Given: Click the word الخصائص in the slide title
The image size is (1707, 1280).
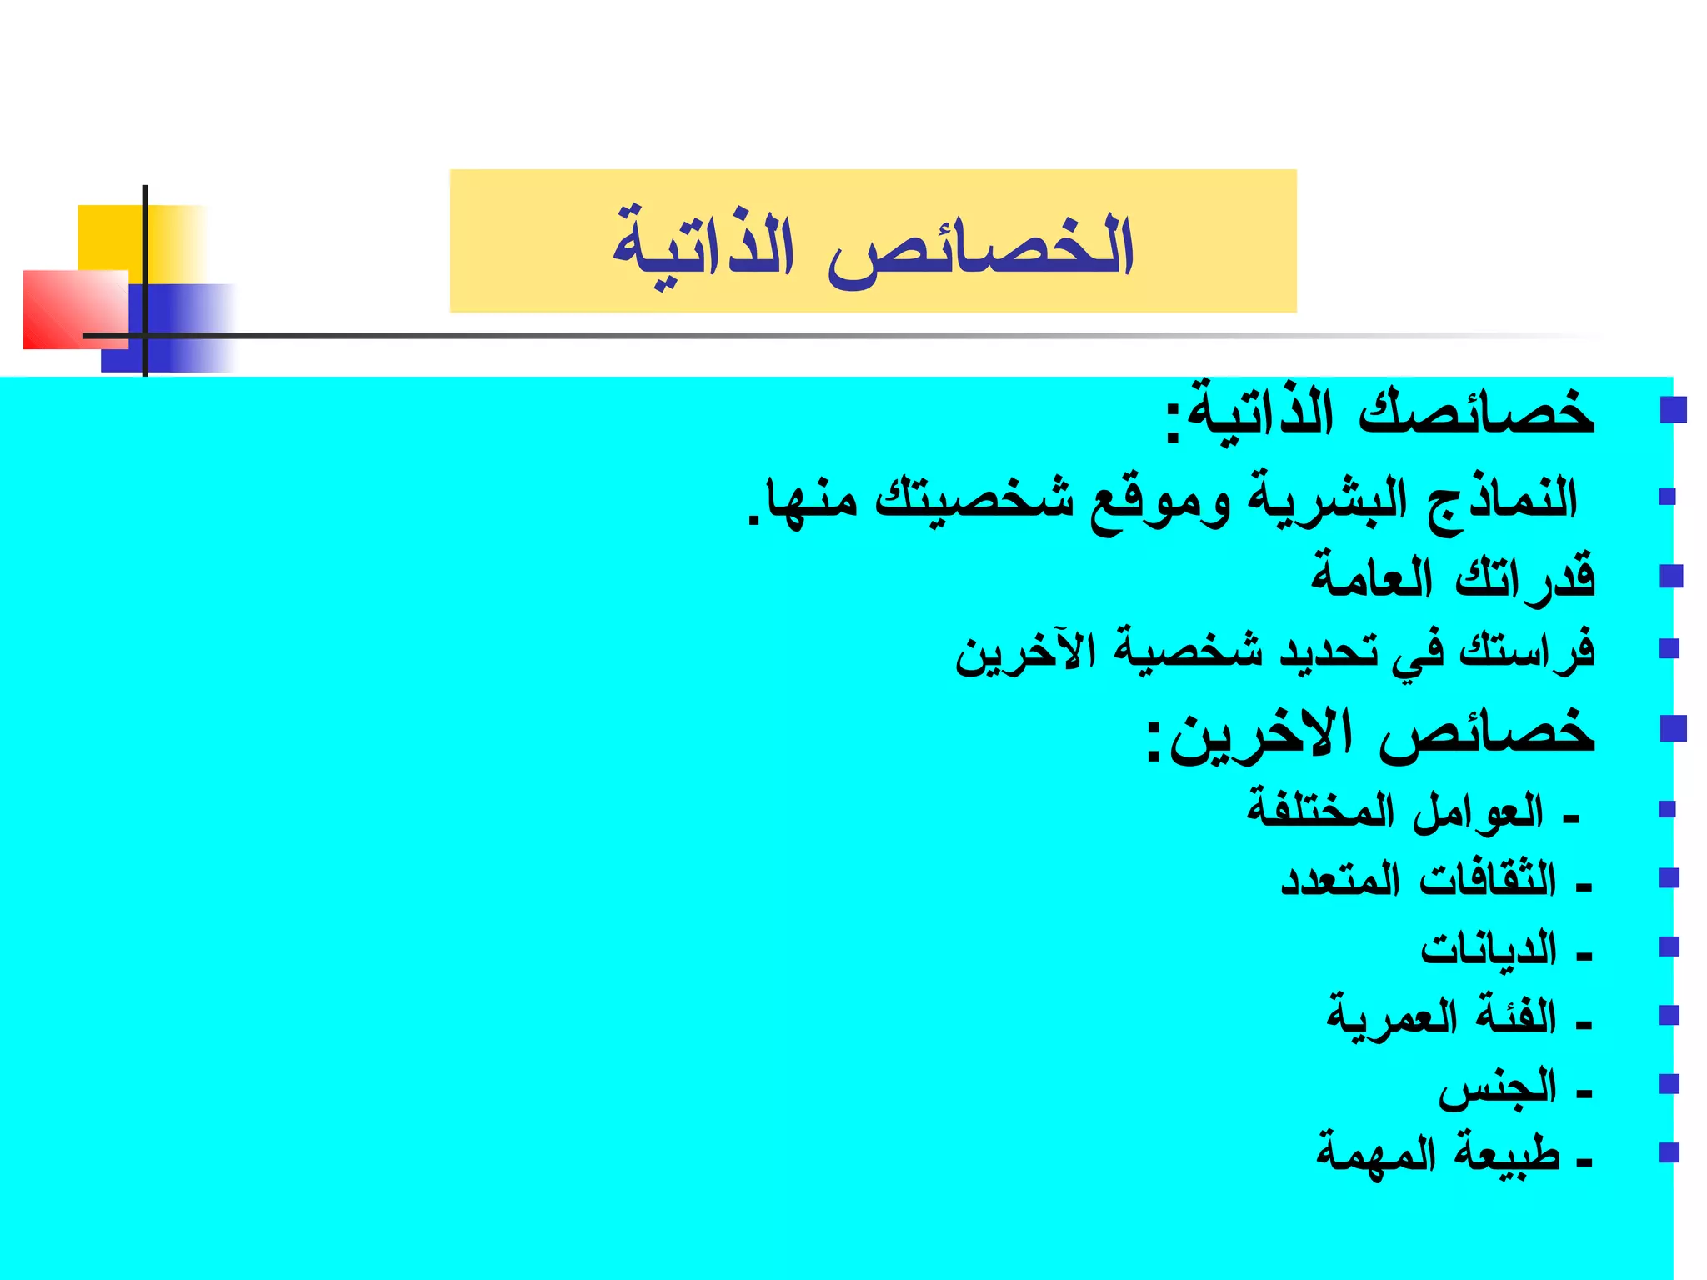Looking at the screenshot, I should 980,248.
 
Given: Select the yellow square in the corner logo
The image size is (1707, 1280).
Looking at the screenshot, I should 113,237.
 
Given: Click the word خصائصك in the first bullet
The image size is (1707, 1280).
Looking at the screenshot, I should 1476,412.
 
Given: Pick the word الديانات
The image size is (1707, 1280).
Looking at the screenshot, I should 1489,949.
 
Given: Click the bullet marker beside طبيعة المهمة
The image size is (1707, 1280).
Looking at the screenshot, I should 1669,1152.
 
